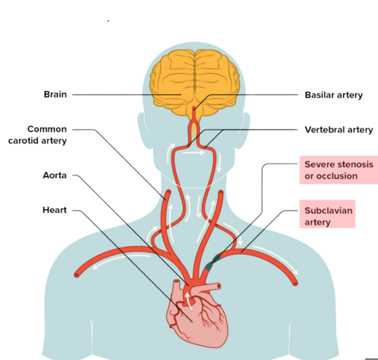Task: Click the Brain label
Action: point(55,94)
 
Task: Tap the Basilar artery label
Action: point(333,95)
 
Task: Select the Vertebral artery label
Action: point(338,129)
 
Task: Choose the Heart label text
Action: point(55,210)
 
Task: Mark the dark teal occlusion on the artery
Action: point(212,263)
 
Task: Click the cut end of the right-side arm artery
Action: point(296,283)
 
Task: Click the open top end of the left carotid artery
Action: point(166,195)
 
